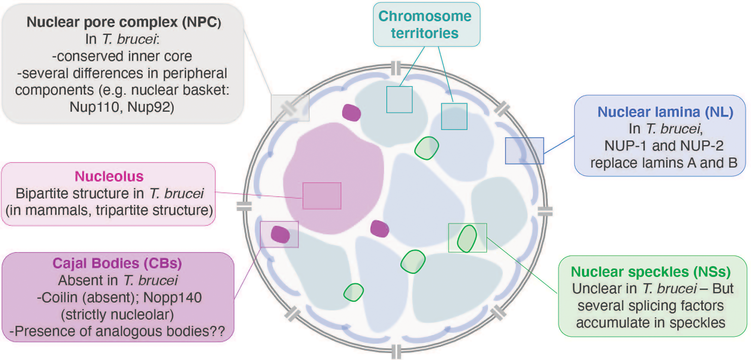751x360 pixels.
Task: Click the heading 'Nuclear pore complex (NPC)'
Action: pos(124,22)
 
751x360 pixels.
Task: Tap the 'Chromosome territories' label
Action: pos(425,24)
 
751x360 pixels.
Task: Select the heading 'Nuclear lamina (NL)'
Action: pos(665,112)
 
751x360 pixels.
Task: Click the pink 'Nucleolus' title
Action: pos(109,176)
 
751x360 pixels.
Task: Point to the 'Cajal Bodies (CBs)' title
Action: pos(117,263)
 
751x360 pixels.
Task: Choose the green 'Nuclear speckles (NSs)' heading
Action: pos(651,272)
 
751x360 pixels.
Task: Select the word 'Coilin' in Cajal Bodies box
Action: pos(61,297)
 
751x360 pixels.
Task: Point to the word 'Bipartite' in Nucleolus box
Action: pos(42,194)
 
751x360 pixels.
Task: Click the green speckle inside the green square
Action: pos(467,238)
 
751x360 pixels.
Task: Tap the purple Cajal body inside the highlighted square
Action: pos(280,235)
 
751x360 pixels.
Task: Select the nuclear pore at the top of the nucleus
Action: pos(396,68)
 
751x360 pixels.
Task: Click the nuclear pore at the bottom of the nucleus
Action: pos(396,351)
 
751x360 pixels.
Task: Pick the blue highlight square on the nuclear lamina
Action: pos(524,151)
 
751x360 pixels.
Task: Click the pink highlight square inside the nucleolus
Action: pos(322,196)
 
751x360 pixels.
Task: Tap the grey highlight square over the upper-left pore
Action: pos(290,108)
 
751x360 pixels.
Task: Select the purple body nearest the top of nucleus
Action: pos(351,113)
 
